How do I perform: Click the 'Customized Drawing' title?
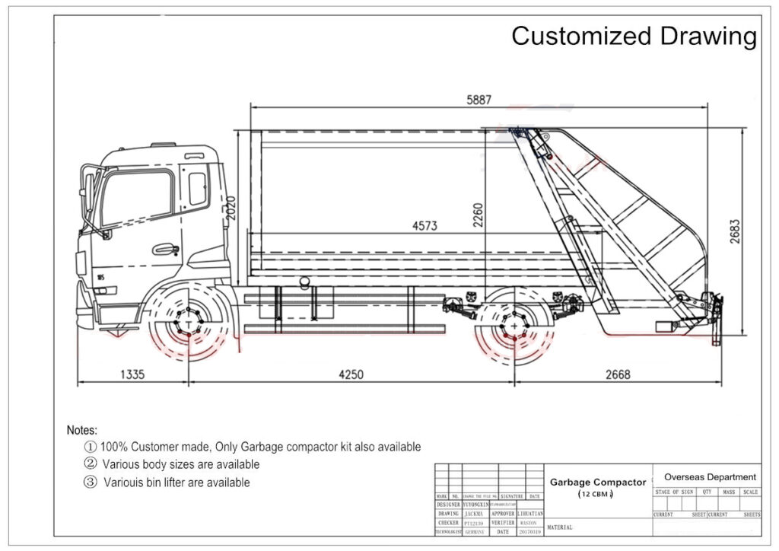[634, 36]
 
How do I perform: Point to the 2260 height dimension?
[478, 215]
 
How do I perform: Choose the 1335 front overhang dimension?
[132, 374]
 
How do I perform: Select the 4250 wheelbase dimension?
[350, 374]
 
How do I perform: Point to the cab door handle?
[165, 249]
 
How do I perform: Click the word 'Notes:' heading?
[82, 430]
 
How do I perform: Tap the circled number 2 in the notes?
[90, 464]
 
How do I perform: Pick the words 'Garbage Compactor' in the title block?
[597, 482]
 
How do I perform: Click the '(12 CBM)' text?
[597, 495]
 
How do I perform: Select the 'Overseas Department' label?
[710, 476]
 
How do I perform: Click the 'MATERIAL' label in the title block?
[561, 527]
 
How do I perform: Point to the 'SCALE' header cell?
[750, 492]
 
